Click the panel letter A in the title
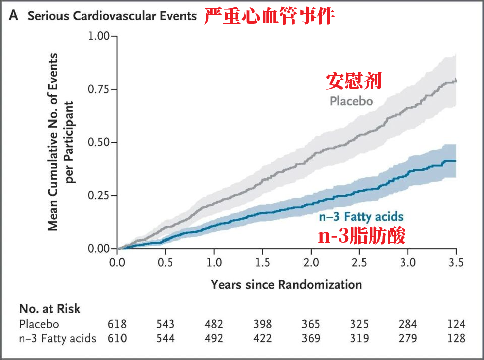tap(14, 16)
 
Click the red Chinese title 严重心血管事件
tap(269, 16)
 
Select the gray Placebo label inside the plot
tap(351, 101)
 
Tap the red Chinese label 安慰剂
tap(353, 81)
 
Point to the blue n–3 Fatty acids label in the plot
tap(361, 217)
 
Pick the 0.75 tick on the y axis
tap(98, 89)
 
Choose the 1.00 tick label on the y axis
tap(98, 36)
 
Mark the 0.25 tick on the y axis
tap(98, 196)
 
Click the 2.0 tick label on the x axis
tap(311, 263)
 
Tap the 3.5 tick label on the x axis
tap(456, 263)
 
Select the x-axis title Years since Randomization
tap(286, 284)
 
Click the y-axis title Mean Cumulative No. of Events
tap(53, 142)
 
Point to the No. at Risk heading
tap(49, 309)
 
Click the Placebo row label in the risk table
tap(39, 324)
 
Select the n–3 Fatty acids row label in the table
tap(57, 338)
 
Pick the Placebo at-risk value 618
tap(117, 324)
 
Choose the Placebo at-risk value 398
tap(262, 324)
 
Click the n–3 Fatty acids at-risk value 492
tap(214, 338)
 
